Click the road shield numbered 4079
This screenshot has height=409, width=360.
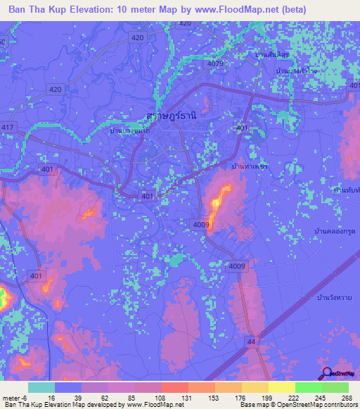216,64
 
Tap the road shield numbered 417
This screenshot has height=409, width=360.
8,126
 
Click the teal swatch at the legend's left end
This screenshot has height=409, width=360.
41,387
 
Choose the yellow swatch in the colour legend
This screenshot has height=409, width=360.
281,387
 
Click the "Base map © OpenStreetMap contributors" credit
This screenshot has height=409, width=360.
297,405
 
